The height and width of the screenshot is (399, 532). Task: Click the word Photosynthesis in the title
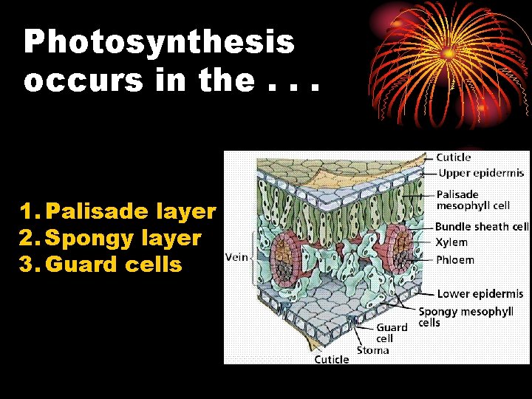[x=159, y=42]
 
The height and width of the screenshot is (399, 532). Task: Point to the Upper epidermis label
[x=481, y=174]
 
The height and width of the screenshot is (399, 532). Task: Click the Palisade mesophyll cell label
[x=473, y=200]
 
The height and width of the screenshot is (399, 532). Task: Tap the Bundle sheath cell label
[x=482, y=227]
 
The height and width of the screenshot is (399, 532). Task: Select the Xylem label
[x=451, y=242]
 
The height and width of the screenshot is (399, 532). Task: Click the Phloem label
[x=454, y=259]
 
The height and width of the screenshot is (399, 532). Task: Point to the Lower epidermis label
[x=480, y=294]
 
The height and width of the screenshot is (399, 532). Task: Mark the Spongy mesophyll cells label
[x=465, y=317]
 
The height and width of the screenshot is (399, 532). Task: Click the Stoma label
[x=372, y=349]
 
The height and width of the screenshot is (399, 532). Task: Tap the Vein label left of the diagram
[x=236, y=256]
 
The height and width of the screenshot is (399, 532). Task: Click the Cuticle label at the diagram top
[x=453, y=157]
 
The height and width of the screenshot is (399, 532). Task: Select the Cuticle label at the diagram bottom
[x=332, y=359]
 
